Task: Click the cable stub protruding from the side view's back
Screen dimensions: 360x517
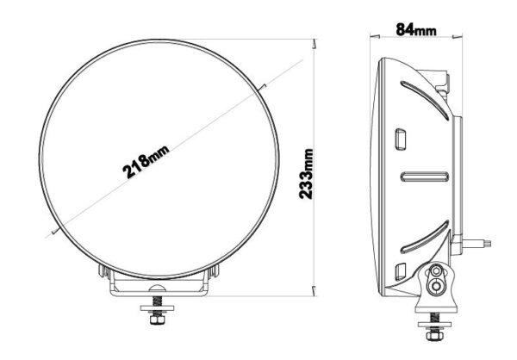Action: click(481, 244)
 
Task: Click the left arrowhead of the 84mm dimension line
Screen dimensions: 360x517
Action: click(372, 35)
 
